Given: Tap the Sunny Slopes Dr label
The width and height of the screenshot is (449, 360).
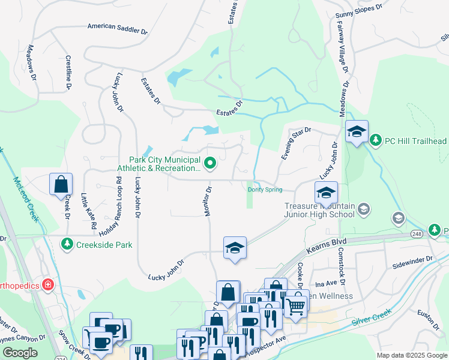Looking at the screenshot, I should pos(358,8).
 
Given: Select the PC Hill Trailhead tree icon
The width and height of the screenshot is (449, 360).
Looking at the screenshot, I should pos(376,140).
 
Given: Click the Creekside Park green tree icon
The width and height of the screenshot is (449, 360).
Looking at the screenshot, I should pos(67,244).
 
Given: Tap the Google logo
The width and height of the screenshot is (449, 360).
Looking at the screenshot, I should pos(19,352).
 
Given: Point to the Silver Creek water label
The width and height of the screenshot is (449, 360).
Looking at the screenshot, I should pos(372,317).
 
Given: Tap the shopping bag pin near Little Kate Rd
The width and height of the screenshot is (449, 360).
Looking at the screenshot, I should pos(61,185).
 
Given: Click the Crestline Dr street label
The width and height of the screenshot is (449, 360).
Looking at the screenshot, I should pos(68,72).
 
